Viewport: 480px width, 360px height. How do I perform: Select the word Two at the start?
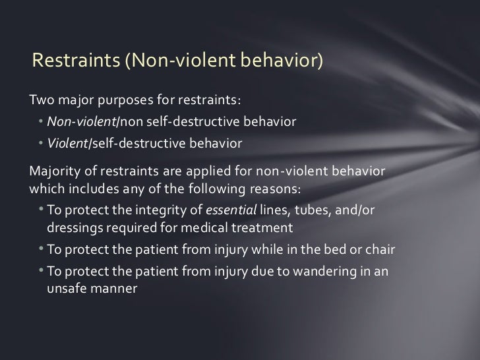tap(42, 102)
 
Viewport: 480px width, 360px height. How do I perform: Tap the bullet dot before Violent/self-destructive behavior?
tap(41, 142)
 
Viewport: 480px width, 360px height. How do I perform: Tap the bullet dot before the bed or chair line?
tap(42, 252)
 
